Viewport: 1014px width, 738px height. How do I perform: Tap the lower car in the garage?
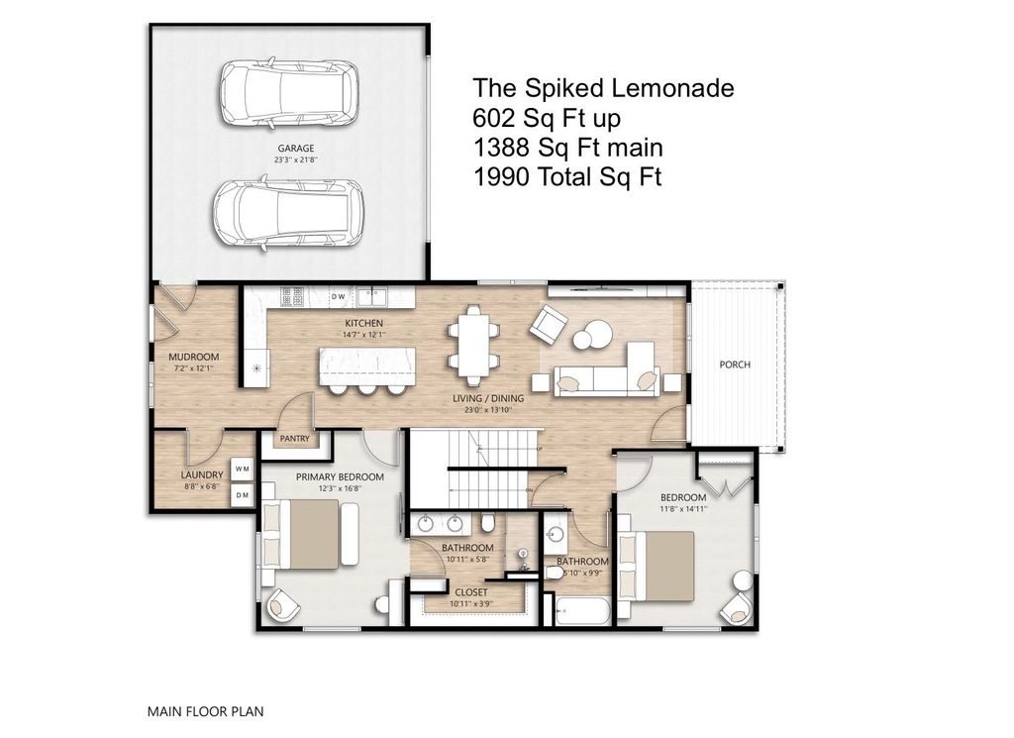pos(289,215)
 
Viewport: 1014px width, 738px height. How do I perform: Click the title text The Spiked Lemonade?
pos(603,88)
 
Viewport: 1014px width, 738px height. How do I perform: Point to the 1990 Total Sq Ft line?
pos(566,177)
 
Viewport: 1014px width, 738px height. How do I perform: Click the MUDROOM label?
pos(194,357)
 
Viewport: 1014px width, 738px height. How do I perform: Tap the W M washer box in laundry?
pos(243,468)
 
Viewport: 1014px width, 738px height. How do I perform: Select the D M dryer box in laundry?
pos(243,492)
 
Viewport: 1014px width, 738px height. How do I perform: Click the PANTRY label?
pos(295,438)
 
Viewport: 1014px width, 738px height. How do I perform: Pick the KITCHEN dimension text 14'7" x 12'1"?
pos(363,335)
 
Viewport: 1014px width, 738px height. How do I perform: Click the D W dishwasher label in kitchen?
pos(338,295)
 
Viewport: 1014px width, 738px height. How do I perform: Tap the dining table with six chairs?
pos(472,346)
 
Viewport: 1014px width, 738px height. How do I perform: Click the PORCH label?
pos(735,365)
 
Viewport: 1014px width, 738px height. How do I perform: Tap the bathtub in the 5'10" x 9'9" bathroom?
pos(581,611)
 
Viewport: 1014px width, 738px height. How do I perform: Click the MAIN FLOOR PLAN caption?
pos(205,710)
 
